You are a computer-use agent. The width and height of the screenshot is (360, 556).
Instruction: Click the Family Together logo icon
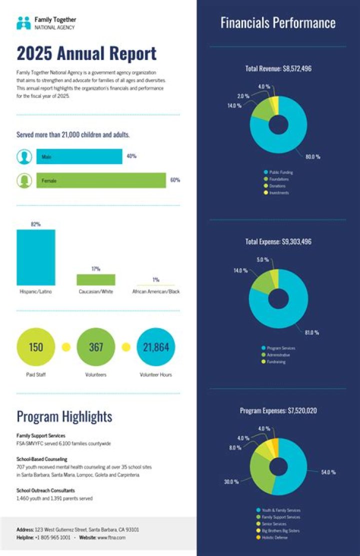[x=23, y=23]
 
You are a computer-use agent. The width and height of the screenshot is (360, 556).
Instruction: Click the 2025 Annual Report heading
[x=86, y=53]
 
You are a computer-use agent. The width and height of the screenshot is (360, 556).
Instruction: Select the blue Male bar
[x=79, y=156]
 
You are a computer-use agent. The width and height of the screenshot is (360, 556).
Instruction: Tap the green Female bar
[x=101, y=180]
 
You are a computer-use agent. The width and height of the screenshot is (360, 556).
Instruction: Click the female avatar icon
[x=24, y=180]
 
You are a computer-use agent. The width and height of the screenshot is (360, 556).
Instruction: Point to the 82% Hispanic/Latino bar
[x=36, y=257]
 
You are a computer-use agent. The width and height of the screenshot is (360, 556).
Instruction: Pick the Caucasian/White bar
[x=95, y=279]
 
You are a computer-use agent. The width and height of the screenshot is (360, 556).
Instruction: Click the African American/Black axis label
[x=155, y=291]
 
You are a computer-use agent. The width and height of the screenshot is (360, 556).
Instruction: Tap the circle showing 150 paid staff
[x=36, y=347]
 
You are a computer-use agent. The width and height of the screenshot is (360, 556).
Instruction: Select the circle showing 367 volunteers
[x=95, y=347]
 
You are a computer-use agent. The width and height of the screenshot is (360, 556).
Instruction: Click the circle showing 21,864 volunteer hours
[x=156, y=347]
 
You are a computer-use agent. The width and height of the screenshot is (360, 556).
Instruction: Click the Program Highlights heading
[x=64, y=416]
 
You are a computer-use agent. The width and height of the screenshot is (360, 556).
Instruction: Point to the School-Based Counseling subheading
[x=42, y=459]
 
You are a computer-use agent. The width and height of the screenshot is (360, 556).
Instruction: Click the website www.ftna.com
[x=111, y=537]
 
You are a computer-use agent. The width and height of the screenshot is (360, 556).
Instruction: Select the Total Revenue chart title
[x=278, y=69]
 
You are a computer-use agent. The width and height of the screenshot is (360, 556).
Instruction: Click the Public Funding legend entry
[x=280, y=172]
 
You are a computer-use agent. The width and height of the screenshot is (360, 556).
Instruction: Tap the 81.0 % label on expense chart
[x=311, y=332]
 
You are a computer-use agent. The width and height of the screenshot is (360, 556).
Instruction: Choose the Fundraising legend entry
[x=276, y=361]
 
